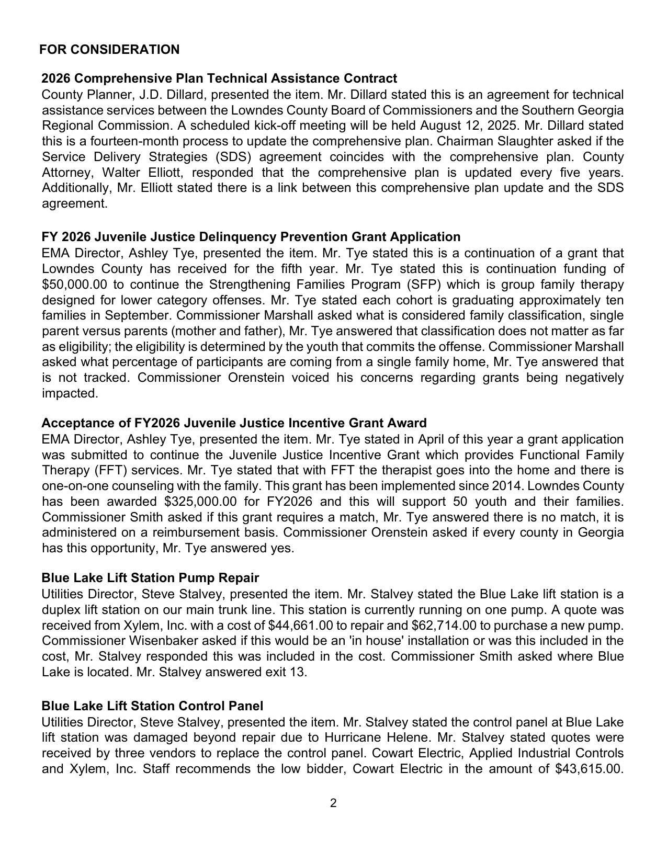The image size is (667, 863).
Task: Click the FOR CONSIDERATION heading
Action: coord(109,50)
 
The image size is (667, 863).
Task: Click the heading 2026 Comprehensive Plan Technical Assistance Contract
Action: coord(219,78)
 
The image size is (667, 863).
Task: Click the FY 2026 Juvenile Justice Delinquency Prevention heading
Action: coord(251,237)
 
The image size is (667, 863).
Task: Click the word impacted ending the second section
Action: coord(70,394)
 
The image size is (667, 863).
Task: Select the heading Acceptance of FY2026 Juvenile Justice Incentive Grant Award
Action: coord(234,423)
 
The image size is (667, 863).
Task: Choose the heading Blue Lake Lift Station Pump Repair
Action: coord(150,578)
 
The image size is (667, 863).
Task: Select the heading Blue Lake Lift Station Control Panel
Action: coord(152,706)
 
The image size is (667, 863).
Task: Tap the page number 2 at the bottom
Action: coord(333,803)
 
